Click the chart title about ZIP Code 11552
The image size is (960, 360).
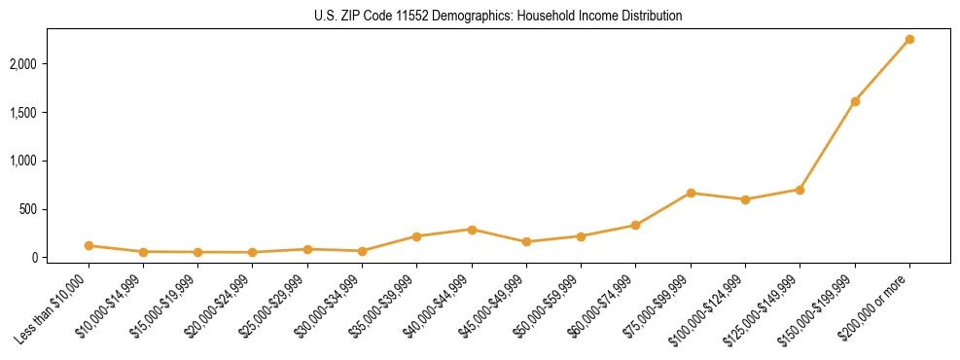point(498,16)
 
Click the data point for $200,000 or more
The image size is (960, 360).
point(909,39)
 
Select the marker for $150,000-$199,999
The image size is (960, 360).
point(855,101)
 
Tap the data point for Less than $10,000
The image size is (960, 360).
point(89,246)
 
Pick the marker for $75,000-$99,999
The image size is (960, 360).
point(691,193)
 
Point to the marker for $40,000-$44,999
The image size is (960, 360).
point(472,230)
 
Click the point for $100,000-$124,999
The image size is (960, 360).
point(745,199)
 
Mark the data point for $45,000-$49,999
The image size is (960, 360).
point(526,241)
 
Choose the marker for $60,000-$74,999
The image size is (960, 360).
point(635,225)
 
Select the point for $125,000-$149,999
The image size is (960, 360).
point(800,190)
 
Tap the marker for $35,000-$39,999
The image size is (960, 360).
point(416,236)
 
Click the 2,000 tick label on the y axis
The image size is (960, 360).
point(50,64)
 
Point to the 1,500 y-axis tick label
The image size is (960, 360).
point(50,113)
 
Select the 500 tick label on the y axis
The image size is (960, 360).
point(55,209)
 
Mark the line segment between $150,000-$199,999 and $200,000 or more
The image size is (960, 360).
point(882,70)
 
